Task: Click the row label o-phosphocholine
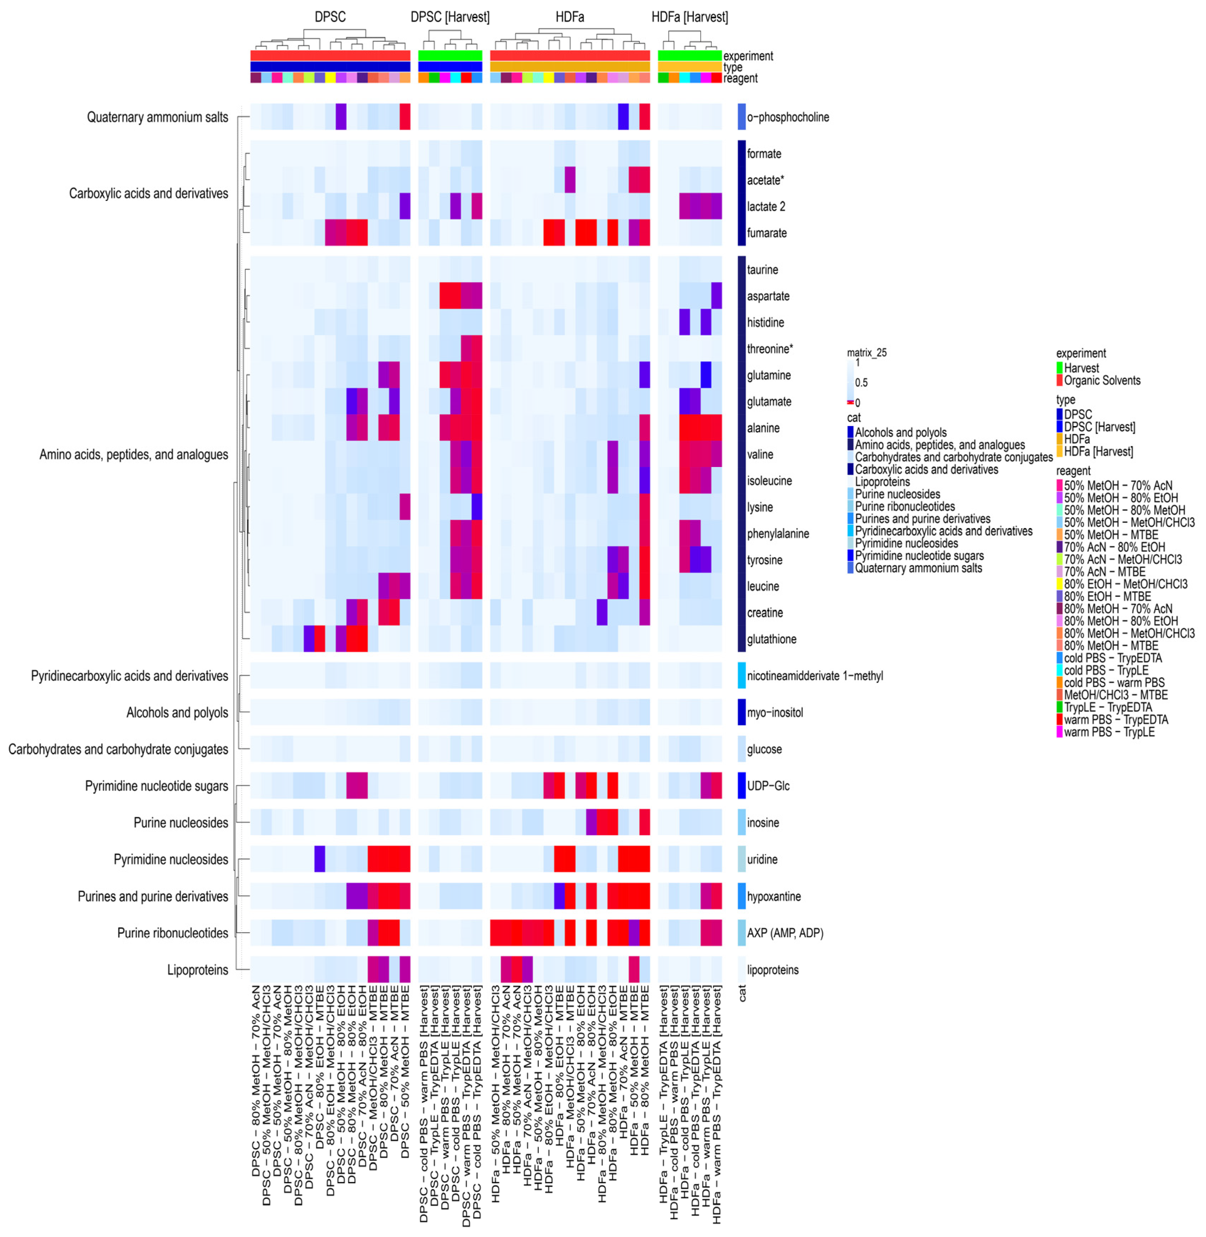coord(787,117)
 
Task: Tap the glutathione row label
coord(771,639)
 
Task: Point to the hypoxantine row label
coord(774,896)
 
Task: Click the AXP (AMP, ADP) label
coord(785,933)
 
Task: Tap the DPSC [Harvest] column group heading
coord(450,17)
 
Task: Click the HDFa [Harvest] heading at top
coord(689,17)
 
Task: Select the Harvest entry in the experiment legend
coord(1081,368)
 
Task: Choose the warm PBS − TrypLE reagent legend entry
coord(1109,732)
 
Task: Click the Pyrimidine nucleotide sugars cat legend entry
coord(918,556)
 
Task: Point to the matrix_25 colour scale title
coord(866,353)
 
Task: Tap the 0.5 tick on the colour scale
coord(861,383)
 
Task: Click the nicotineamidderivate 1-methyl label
coord(814,676)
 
